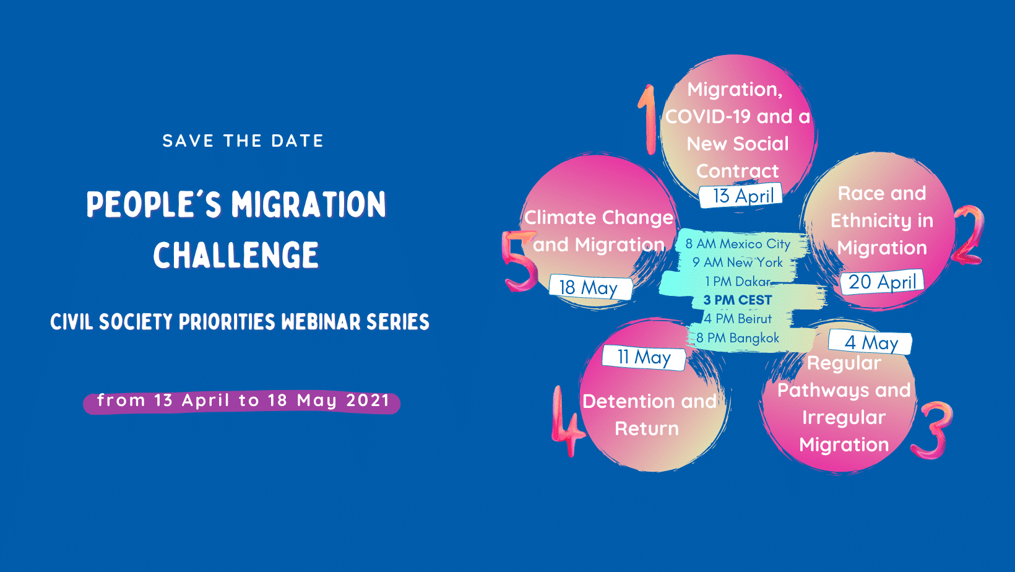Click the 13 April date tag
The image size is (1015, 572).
coord(741,196)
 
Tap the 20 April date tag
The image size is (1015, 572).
coord(882,282)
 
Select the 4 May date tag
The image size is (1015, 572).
coord(870,342)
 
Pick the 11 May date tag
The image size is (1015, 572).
coord(644,358)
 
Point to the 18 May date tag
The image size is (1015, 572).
coord(590,287)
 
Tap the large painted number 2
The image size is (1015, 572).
coord(969,235)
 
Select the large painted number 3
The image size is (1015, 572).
coord(933,430)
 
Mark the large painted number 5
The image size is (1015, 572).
coord(520,261)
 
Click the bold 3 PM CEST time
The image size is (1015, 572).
coord(737,300)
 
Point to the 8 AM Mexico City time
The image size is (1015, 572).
coord(738,244)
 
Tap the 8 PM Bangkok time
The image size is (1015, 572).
coord(738,337)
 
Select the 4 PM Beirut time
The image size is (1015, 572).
coord(738,319)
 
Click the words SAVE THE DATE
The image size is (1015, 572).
coord(243,141)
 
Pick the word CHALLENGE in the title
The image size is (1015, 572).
coord(236,254)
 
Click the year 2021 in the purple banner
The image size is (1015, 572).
coord(368,401)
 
